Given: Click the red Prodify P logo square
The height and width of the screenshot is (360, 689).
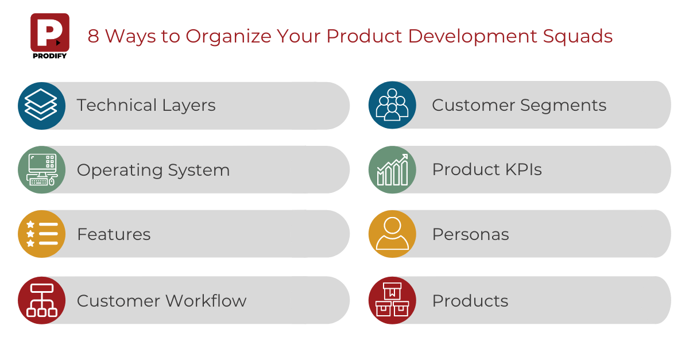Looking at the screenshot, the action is [x=50, y=33].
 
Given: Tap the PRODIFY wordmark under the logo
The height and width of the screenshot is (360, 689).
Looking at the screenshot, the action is [x=50, y=56].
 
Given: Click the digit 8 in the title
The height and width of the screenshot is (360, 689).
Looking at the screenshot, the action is [x=93, y=36].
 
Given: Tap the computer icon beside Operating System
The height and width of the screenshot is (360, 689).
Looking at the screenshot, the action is [x=41, y=169].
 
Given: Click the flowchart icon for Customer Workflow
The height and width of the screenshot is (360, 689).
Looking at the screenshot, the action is [x=41, y=300].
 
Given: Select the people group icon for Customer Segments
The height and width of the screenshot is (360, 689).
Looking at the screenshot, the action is [x=392, y=105].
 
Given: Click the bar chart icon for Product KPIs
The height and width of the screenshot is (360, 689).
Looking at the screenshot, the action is [x=392, y=169].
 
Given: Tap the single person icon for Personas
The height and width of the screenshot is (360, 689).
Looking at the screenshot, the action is [x=392, y=234].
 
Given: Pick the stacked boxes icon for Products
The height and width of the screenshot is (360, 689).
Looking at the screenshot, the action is [x=392, y=300].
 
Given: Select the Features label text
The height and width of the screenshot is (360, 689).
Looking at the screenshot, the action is [x=114, y=234].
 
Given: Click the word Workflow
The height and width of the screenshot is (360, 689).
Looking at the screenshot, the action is [x=207, y=301].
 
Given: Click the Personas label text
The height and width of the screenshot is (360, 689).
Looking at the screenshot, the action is [x=471, y=234].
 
